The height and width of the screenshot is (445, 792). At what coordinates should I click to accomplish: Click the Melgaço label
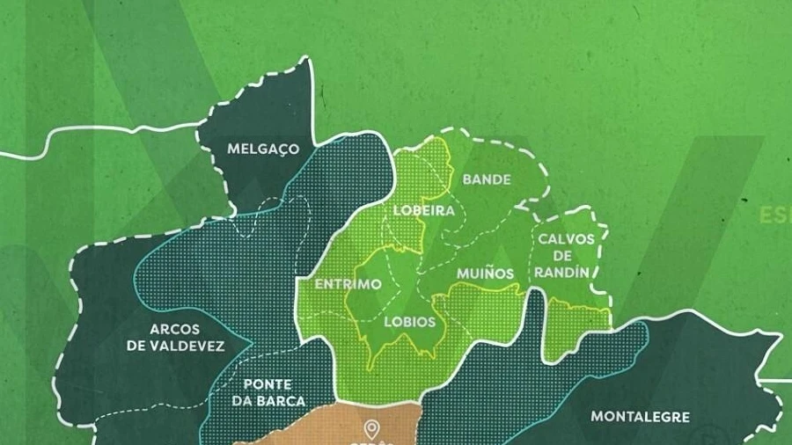[x=263, y=149]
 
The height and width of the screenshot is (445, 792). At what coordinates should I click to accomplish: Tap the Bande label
[x=487, y=179]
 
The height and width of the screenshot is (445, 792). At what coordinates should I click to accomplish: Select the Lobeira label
[x=423, y=211]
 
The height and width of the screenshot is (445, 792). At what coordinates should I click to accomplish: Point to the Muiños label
[x=485, y=274]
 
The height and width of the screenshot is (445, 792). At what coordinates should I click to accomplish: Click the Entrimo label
[x=348, y=285]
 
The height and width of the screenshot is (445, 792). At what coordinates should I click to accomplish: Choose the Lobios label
[x=409, y=322]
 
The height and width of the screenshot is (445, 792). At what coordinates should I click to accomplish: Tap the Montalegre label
[x=640, y=417]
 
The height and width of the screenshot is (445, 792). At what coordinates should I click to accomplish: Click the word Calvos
[x=567, y=239]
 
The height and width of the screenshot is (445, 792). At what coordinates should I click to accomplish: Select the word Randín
[x=561, y=273]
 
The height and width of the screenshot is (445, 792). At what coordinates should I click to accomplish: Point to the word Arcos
[x=174, y=330]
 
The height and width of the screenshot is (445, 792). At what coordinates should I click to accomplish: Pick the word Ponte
[x=268, y=384]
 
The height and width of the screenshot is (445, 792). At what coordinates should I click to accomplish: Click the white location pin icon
[x=372, y=429]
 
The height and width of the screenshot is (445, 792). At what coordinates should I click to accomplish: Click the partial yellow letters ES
[x=775, y=215]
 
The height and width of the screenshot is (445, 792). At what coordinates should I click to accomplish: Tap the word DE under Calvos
[x=562, y=256]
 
